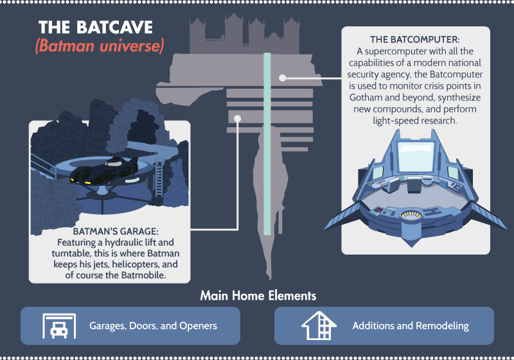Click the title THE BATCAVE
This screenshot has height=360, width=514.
click(x=95, y=27)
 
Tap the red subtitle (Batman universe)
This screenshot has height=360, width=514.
click(x=100, y=46)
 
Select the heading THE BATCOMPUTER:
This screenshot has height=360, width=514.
click(x=414, y=40)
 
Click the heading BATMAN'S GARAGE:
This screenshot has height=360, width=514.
click(x=116, y=231)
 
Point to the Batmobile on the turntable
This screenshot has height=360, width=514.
click(x=104, y=171)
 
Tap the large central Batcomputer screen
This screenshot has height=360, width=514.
click(x=416, y=156)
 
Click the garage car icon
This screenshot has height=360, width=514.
click(x=59, y=326)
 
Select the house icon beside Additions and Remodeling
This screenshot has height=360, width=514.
click(x=319, y=325)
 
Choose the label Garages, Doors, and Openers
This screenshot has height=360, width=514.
click(x=153, y=326)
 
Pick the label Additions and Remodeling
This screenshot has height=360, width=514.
click(x=411, y=326)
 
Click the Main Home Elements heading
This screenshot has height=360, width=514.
click(x=258, y=296)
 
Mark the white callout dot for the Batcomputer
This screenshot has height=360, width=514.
click(x=283, y=78)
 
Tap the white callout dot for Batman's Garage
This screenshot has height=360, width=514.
click(x=238, y=119)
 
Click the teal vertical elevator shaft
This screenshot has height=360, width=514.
click(x=267, y=143)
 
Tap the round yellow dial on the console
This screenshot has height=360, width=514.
click(x=411, y=215)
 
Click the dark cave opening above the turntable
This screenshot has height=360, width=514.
click(x=143, y=126)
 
